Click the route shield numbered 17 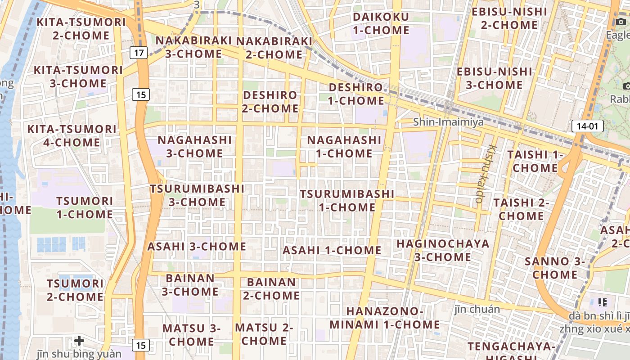tap(139, 53)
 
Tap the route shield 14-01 tap(587, 126)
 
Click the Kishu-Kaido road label tap(486, 174)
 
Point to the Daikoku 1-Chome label tap(381, 24)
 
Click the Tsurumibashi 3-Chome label tap(197, 195)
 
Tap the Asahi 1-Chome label tap(332, 251)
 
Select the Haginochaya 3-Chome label tap(443, 251)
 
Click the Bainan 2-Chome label tap(272, 289)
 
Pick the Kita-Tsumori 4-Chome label tap(72, 136)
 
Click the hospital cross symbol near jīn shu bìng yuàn tap(79, 341)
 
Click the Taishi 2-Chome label tap(521, 209)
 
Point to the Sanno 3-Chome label tap(555, 268)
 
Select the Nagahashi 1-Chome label tap(344, 147)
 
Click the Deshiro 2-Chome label tap(270, 102)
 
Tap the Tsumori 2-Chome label tap(75, 290)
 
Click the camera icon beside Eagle tap(621, 22)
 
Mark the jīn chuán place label tap(477, 309)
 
